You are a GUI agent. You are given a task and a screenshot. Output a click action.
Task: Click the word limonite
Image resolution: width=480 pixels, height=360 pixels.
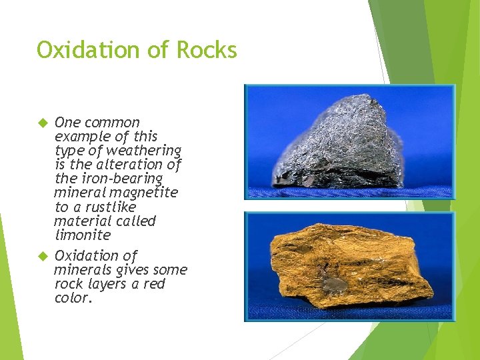click(82, 235)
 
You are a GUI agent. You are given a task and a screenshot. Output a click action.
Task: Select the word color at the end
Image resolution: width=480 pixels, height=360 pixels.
click(71, 298)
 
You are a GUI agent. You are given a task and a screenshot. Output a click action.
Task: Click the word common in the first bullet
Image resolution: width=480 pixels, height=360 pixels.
click(112, 123)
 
